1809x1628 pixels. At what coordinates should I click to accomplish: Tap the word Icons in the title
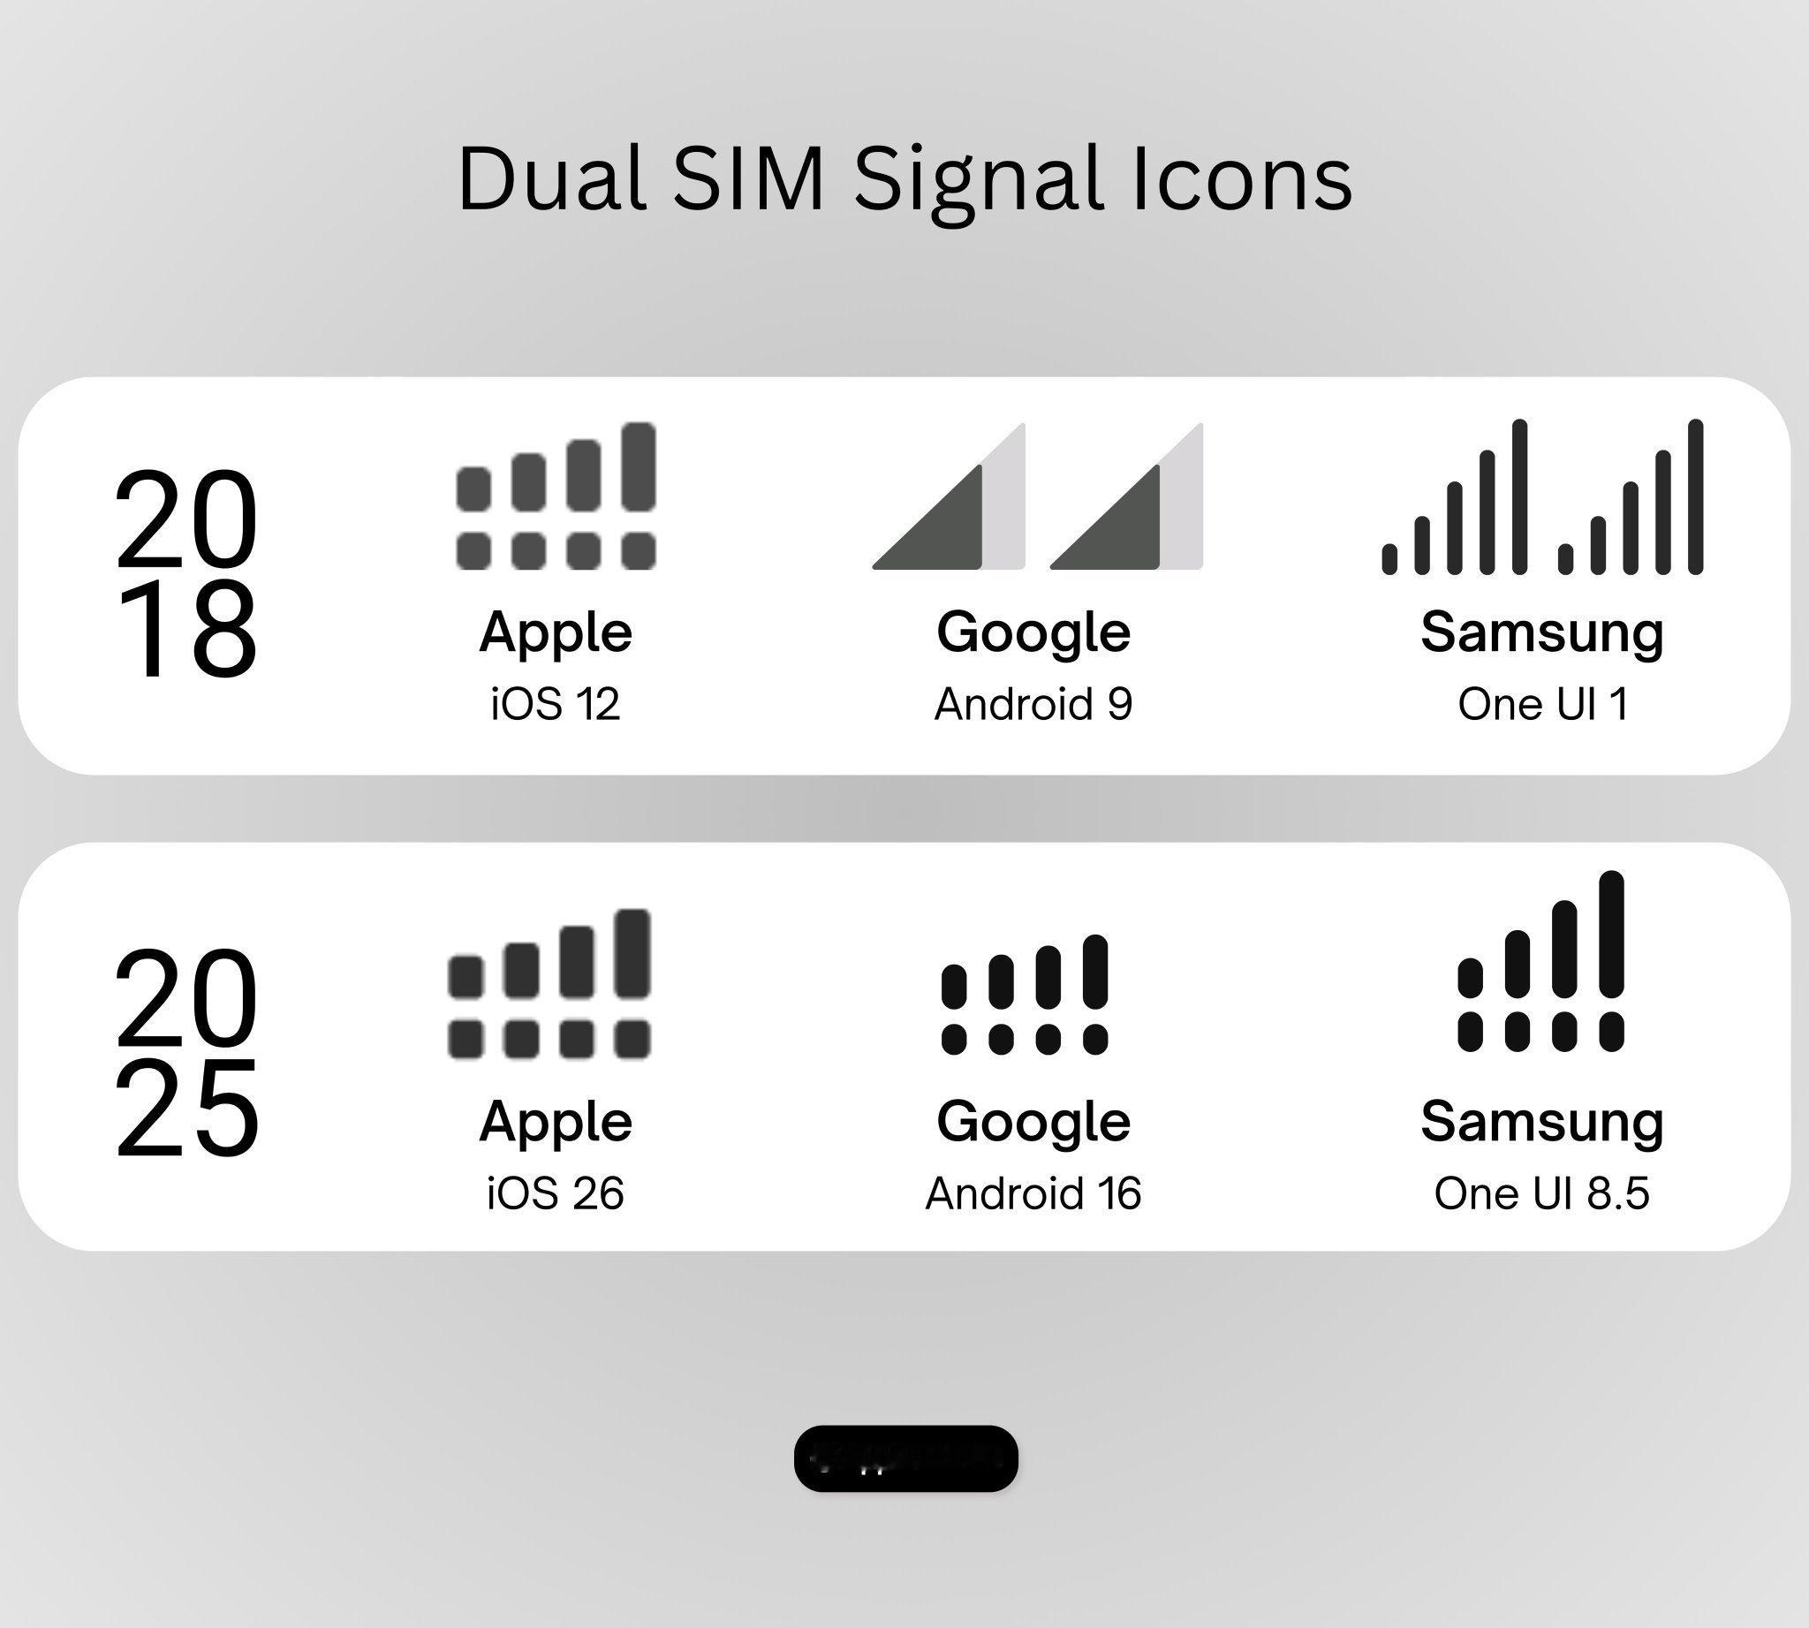[1243, 178]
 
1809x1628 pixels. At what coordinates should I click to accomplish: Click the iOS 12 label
[556, 704]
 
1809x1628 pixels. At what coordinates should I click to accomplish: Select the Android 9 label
[1033, 704]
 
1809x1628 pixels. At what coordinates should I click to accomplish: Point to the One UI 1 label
[1542, 704]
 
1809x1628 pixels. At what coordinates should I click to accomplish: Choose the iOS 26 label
[556, 1193]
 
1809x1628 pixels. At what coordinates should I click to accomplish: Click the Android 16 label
[1033, 1193]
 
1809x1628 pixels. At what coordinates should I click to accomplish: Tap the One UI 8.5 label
[1542, 1193]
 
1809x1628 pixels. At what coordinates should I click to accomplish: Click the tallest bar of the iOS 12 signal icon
[639, 467]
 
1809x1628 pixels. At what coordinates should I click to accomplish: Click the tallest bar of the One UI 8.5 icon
[1610, 934]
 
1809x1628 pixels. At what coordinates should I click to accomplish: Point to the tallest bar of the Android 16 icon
[1095, 972]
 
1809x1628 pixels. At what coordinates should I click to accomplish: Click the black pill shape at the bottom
[905, 1458]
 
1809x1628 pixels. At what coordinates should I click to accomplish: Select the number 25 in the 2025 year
[187, 1109]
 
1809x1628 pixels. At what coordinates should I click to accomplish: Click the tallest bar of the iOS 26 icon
[632, 952]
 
